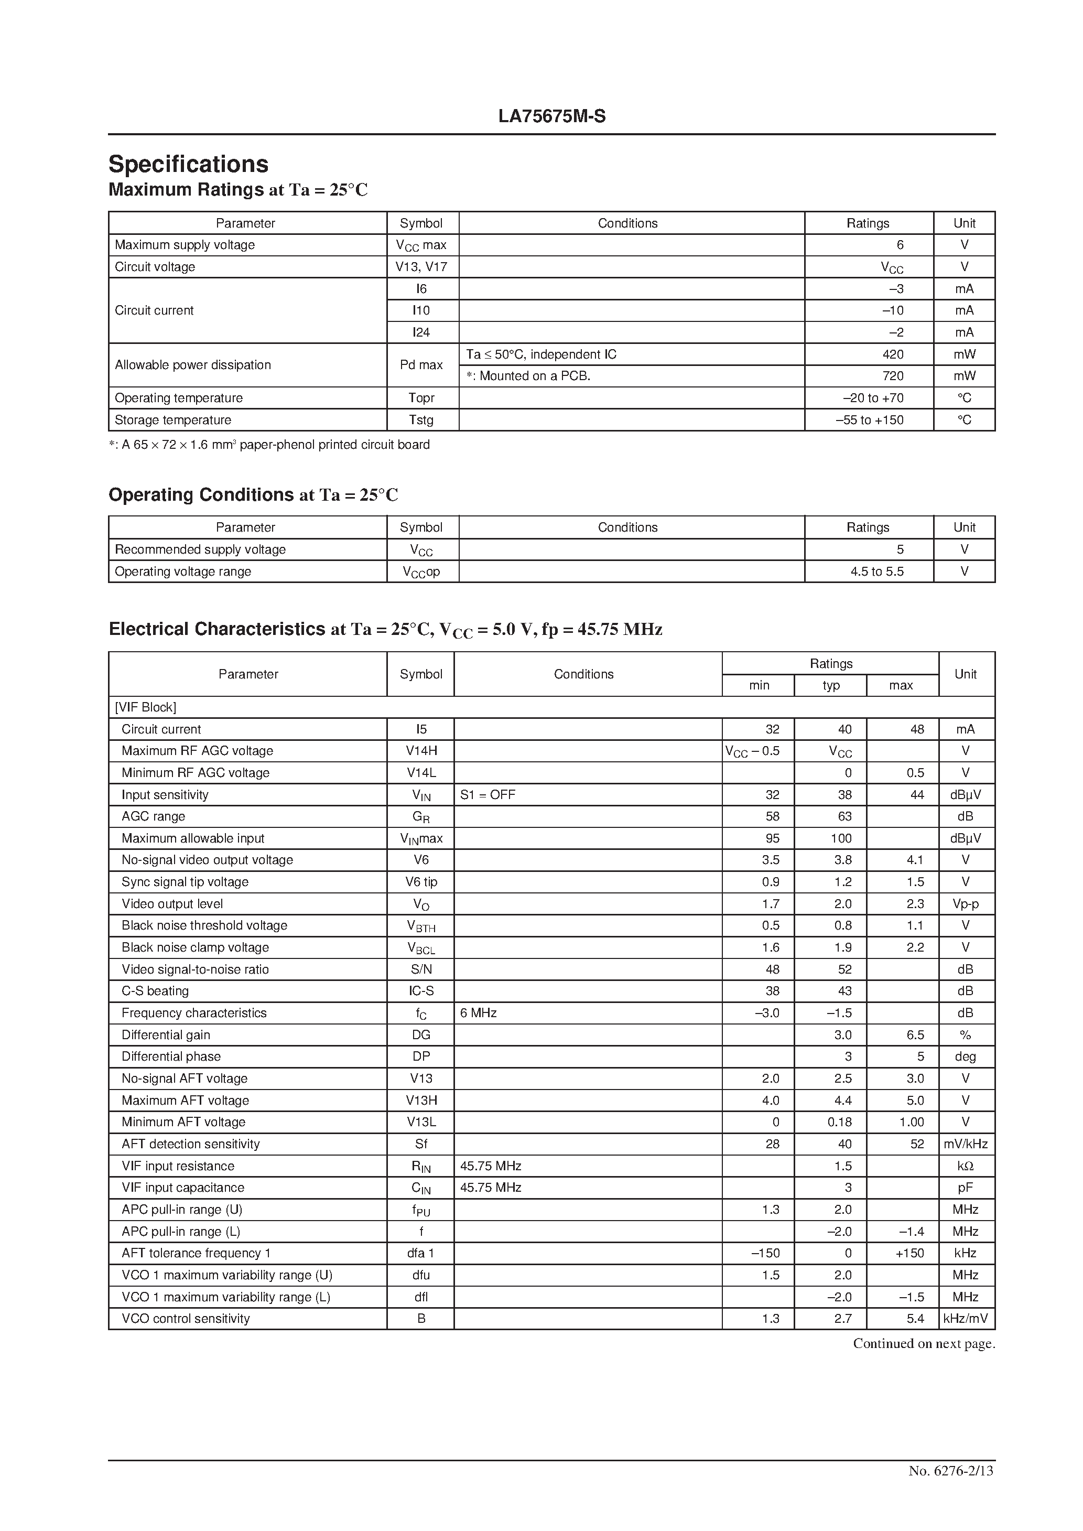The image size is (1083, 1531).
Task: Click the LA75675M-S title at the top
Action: click(551, 117)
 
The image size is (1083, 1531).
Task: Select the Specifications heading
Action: click(188, 164)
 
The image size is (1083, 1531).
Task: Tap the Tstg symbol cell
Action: click(421, 420)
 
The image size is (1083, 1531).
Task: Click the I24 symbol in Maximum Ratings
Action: click(421, 332)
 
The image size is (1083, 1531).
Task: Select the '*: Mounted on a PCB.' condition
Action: click(528, 376)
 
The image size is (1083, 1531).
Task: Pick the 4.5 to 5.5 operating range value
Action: click(876, 572)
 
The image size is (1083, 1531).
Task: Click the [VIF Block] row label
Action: click(145, 707)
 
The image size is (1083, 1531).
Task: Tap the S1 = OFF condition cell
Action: click(488, 795)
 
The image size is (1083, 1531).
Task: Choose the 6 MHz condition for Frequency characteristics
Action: click(478, 1013)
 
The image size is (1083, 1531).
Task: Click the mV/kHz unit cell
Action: click(965, 1144)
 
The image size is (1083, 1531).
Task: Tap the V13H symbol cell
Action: click(421, 1100)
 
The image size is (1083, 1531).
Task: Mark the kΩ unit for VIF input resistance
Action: click(965, 1166)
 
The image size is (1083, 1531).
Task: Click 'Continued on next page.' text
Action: click(924, 1344)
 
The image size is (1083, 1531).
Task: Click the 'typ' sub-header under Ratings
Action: click(830, 685)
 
